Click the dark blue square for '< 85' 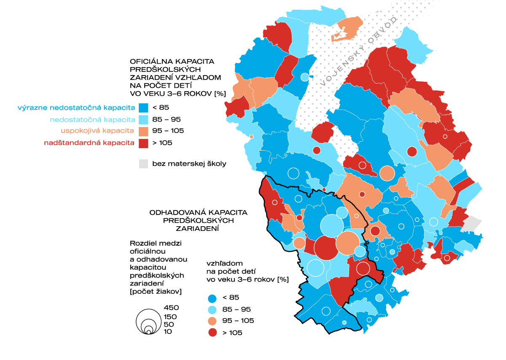point(144,107)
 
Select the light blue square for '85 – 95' point(144,119)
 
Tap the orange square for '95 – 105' point(144,131)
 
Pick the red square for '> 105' point(144,143)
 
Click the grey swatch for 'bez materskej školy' point(144,164)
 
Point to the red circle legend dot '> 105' point(213,333)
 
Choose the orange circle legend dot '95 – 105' point(213,321)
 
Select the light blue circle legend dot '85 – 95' point(213,309)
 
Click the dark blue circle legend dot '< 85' point(213,298)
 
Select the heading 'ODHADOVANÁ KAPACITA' point(198,212)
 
